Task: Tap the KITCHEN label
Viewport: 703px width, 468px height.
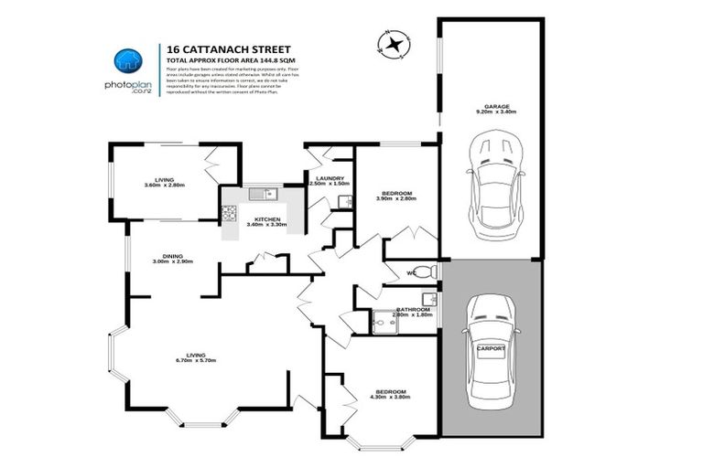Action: pyautogui.click(x=266, y=218)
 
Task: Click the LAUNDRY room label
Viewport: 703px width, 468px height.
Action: pyautogui.click(x=329, y=178)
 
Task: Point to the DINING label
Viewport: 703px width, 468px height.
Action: pyautogui.click(x=172, y=256)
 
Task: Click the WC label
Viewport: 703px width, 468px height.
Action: pyautogui.click(x=413, y=271)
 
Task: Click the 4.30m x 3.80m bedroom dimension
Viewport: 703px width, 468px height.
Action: pyautogui.click(x=387, y=398)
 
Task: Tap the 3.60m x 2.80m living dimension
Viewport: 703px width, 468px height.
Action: pyautogui.click(x=165, y=186)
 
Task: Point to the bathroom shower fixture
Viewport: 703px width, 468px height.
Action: pyautogui.click(x=383, y=321)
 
